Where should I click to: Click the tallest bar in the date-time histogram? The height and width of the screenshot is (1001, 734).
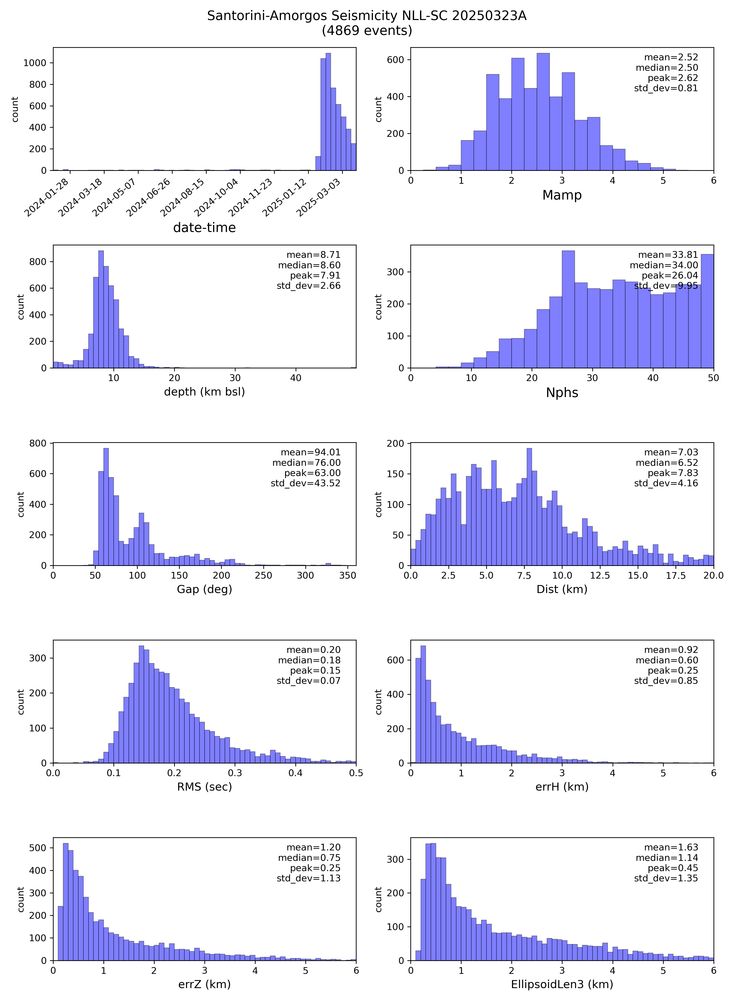coord(328,111)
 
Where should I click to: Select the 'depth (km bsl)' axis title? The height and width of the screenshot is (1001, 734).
coord(204,392)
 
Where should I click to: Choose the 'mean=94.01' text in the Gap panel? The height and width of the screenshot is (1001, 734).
coord(311,452)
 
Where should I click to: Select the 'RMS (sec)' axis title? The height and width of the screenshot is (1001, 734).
coord(204,787)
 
